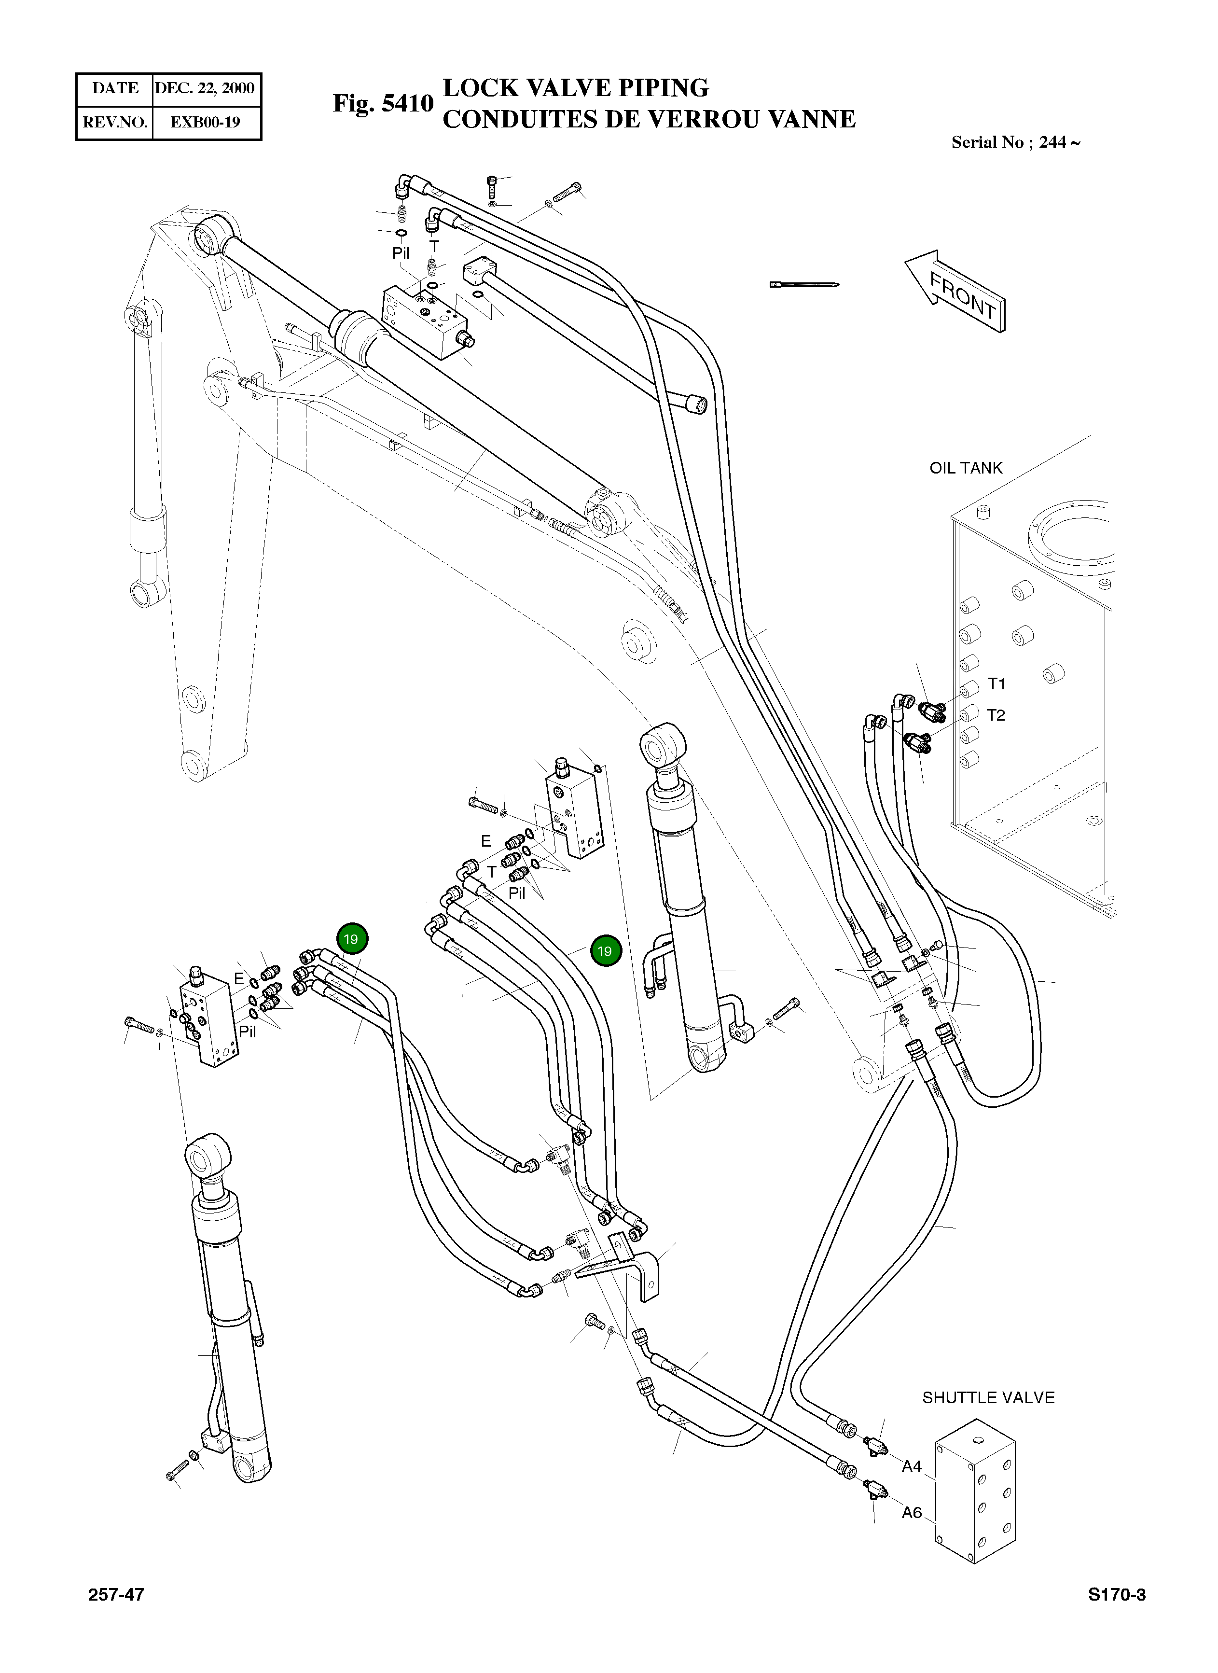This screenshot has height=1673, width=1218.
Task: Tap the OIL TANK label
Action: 965,468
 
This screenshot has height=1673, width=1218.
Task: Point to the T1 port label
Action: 996,684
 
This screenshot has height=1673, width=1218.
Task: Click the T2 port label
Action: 996,715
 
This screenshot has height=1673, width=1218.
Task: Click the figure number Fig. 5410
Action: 383,103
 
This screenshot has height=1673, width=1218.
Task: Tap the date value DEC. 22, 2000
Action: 205,88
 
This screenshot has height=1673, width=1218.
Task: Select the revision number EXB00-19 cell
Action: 205,123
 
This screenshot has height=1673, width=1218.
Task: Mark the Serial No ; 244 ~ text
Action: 1015,142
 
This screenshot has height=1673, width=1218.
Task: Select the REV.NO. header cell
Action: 115,123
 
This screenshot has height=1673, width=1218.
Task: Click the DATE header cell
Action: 115,88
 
